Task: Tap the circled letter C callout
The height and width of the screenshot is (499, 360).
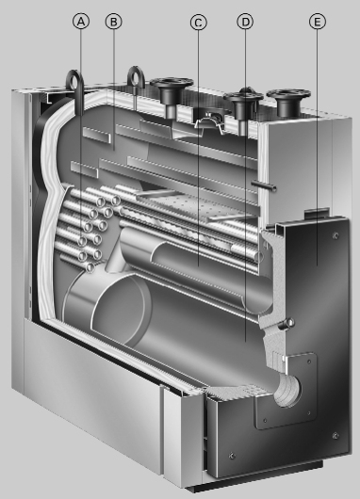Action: pyautogui.click(x=198, y=22)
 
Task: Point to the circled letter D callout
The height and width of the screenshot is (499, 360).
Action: pyautogui.click(x=245, y=22)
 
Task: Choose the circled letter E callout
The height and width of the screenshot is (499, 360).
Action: pyautogui.click(x=316, y=22)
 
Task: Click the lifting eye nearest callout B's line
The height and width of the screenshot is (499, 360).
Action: pyautogui.click(x=137, y=77)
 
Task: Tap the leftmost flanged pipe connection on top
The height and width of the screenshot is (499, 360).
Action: pyautogui.click(x=173, y=92)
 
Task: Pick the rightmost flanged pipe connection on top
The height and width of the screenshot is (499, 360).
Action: pyautogui.click(x=286, y=97)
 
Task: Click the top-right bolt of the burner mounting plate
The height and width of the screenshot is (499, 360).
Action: pyautogui.click(x=310, y=357)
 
